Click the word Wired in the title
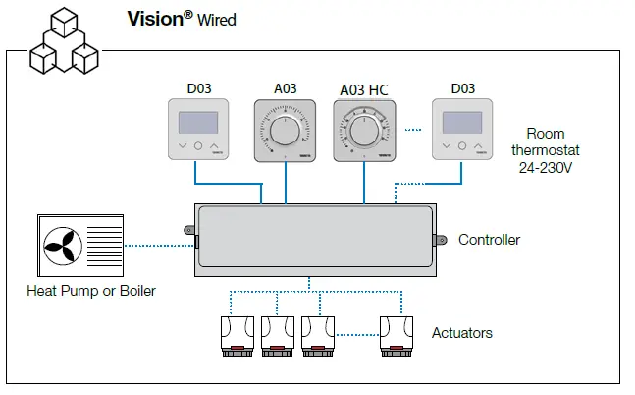(216, 20)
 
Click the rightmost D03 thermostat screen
(462, 123)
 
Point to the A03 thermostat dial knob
(285, 131)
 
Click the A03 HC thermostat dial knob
(363, 131)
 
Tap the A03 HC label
(363, 89)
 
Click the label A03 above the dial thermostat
(285, 89)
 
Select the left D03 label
(197, 89)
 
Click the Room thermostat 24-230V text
(546, 150)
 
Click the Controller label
(489, 240)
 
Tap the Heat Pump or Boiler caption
(90, 291)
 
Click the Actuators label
(461, 333)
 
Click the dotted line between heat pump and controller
(159, 244)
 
